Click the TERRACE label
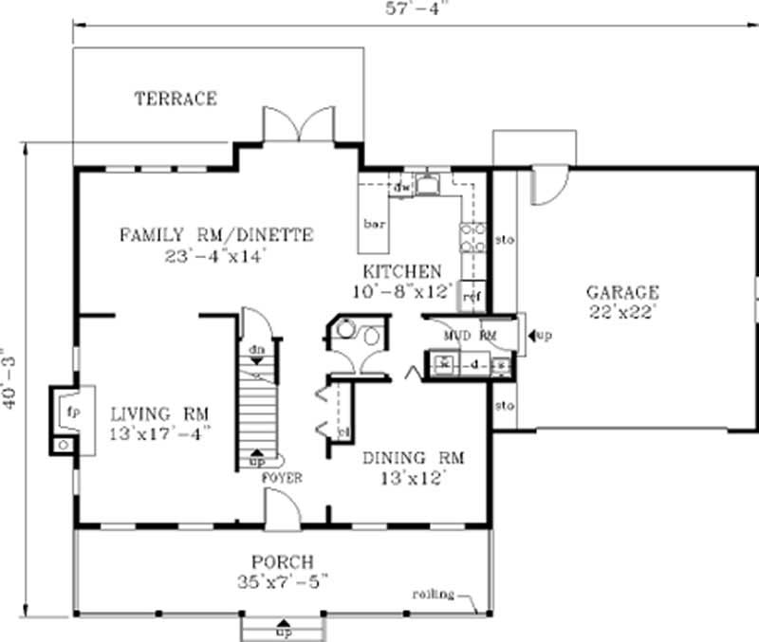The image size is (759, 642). pos(176,99)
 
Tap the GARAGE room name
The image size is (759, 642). pos(621,292)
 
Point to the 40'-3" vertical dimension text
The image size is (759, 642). pos(10,377)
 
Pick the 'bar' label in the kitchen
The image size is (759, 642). pos(373,225)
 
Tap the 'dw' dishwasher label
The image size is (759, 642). pos(401,187)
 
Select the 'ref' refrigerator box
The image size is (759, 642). pos(472,297)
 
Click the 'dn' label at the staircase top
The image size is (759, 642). pos(256,349)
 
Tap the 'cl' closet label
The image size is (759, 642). pos(342,432)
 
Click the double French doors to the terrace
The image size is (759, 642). pos(299,125)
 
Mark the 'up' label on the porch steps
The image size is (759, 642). pos(283,631)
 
